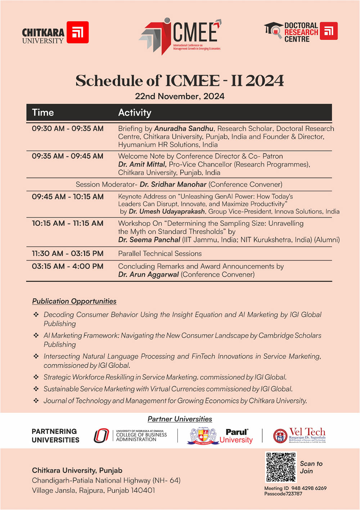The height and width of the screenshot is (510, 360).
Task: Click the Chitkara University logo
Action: [x=55, y=33]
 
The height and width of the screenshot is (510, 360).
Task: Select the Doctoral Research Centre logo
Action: [x=301, y=32]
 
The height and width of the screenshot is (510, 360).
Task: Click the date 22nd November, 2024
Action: [x=180, y=96]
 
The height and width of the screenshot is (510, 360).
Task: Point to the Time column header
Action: [x=43, y=113]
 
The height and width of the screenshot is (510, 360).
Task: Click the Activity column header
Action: [x=135, y=113]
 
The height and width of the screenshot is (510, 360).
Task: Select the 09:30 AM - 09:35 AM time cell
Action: [x=68, y=129]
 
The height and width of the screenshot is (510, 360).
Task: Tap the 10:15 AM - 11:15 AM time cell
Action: [x=68, y=223]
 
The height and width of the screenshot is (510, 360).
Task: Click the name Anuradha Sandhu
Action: [x=184, y=129]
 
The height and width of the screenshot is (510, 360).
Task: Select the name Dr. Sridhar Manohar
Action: [x=173, y=184]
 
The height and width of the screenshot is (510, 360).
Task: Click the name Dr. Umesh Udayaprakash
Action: [x=167, y=211]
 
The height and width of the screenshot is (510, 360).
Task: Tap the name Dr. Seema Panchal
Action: [x=149, y=240]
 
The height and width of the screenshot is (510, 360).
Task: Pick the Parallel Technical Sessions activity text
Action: [x=160, y=254]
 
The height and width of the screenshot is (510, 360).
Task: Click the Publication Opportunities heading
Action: [x=74, y=301]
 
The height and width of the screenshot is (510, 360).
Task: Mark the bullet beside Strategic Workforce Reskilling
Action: [x=36, y=377]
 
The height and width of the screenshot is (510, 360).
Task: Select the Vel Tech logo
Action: [x=300, y=435]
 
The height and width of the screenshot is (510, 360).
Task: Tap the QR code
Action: [x=281, y=467]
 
